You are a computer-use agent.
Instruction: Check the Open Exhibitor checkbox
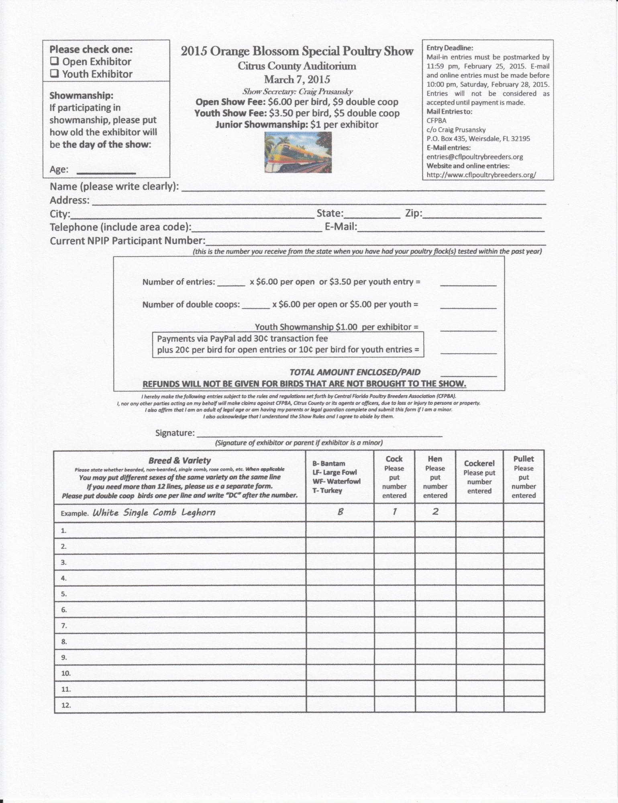click(x=54, y=61)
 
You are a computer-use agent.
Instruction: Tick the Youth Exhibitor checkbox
click(x=54, y=74)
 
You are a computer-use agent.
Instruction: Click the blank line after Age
click(x=106, y=172)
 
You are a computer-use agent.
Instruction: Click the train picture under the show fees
click(x=298, y=153)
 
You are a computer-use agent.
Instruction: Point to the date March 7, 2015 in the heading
click(x=297, y=79)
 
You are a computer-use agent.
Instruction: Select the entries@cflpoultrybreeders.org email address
click(x=474, y=157)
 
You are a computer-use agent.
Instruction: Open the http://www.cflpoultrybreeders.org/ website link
click(x=481, y=175)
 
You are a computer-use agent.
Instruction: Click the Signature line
click(x=319, y=435)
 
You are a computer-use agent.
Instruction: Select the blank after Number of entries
click(x=231, y=284)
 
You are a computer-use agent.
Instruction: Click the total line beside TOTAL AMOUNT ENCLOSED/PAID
click(x=468, y=375)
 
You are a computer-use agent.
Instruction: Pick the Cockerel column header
click(x=479, y=463)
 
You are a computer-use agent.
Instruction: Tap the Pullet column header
click(x=524, y=459)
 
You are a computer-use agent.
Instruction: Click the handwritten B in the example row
click(x=340, y=512)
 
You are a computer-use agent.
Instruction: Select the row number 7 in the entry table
click(x=64, y=626)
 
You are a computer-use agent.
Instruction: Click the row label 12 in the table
click(x=66, y=705)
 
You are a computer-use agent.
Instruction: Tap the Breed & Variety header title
click(x=179, y=461)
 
